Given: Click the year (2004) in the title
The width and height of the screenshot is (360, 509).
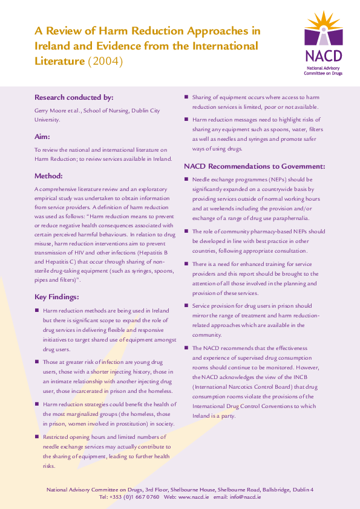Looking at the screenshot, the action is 105,61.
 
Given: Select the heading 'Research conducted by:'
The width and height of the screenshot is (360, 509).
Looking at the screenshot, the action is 74,97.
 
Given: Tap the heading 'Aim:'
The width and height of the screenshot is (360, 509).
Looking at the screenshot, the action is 42,137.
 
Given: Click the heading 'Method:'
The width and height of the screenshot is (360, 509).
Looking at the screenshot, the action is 48,176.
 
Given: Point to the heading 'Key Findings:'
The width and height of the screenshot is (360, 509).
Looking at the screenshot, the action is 57,297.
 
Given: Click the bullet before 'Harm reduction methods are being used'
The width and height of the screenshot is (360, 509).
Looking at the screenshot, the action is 37,311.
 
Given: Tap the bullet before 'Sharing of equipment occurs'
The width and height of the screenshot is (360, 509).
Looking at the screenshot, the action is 186,97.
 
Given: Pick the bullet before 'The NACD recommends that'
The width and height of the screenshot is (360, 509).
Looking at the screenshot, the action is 186,349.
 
